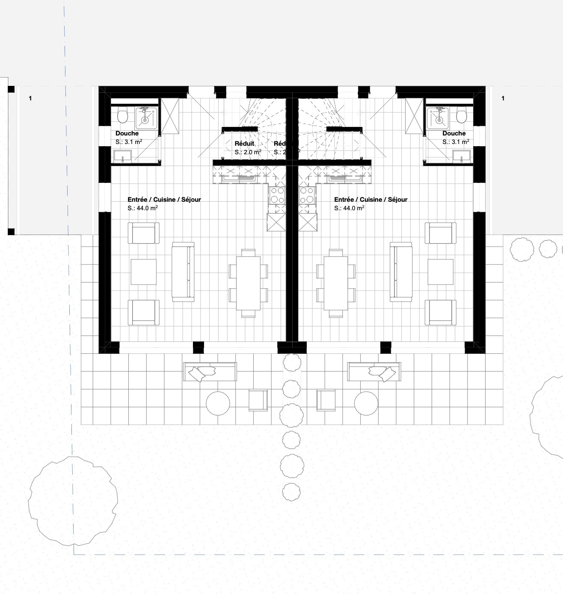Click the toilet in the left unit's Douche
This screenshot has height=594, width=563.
coord(123,116)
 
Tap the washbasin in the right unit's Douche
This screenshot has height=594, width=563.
coord(461,156)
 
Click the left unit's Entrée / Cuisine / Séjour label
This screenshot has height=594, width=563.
coord(164,200)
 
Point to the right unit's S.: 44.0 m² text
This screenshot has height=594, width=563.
coord(349,209)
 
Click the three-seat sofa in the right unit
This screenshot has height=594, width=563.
coord(401,271)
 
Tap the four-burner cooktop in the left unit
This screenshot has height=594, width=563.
coord(276,195)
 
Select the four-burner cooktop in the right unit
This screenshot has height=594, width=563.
coord(307,195)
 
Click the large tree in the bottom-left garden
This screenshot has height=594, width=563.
coord(73,501)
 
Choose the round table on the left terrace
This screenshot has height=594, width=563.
coord(218,403)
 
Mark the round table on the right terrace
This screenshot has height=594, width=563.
coord(366,403)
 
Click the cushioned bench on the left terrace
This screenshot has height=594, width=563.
coord(210,372)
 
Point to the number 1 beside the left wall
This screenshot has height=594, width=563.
coord(30,98)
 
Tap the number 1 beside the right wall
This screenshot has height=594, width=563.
coord(503,98)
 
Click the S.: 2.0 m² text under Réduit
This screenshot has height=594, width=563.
coord(248,152)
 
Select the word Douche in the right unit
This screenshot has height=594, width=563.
coord(454,133)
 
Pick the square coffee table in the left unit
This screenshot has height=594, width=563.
coord(144,272)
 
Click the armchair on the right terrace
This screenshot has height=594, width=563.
coord(325,400)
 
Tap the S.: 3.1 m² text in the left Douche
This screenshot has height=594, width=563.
coord(129,142)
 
